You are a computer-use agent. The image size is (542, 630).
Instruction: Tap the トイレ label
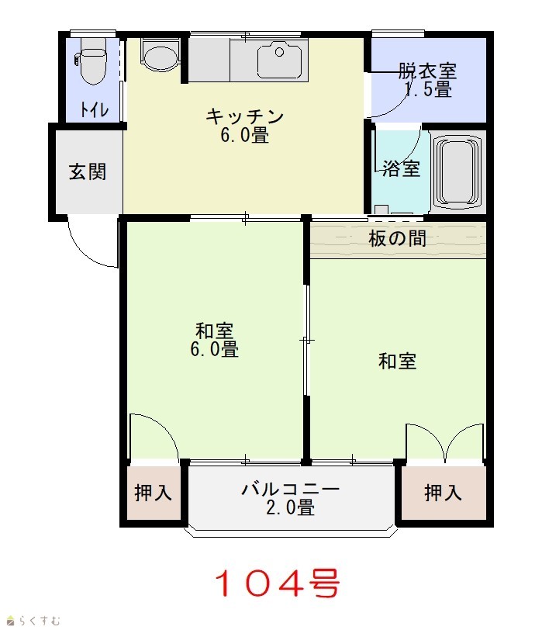tap(95, 109)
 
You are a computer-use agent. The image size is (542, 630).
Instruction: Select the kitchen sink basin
tap(279, 61)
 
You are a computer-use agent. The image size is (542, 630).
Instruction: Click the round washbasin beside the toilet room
tap(160, 57)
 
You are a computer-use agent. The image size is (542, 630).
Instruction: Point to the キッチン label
tap(244, 116)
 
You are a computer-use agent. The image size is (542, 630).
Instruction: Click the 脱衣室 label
tap(427, 71)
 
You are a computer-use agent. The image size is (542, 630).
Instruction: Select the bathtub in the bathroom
tap(457, 170)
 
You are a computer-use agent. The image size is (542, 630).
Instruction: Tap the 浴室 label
tap(401, 168)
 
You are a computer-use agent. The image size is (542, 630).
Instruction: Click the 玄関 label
tap(88, 171)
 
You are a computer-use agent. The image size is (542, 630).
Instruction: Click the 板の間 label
tap(397, 239)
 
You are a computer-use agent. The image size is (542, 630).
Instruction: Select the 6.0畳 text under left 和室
tap(214, 349)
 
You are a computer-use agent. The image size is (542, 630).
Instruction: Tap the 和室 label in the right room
tap(398, 361)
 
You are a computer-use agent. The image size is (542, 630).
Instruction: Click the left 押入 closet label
tap(154, 492)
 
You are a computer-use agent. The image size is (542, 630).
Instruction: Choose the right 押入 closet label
tap(444, 492)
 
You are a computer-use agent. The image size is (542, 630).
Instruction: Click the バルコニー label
tap(290, 490)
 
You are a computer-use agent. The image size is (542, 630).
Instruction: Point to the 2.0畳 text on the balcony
tap(290, 507)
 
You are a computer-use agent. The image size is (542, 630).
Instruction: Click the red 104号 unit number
tap(278, 583)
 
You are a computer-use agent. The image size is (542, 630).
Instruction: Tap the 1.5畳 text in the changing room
tap(428, 89)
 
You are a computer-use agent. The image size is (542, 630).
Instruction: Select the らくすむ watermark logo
tap(34, 621)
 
